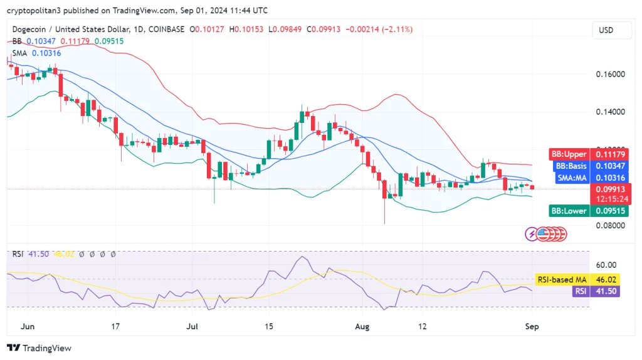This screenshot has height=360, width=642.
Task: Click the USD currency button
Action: click(x=606, y=30)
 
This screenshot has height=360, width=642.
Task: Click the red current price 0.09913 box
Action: click(x=610, y=189)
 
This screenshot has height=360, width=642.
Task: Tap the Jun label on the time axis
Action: click(x=27, y=327)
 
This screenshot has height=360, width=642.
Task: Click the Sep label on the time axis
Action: click(x=532, y=327)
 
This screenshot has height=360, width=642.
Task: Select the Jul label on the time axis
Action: click(x=192, y=327)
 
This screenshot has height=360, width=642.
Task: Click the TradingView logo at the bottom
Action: click(x=39, y=348)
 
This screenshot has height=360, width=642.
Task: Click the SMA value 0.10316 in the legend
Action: click(x=46, y=53)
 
